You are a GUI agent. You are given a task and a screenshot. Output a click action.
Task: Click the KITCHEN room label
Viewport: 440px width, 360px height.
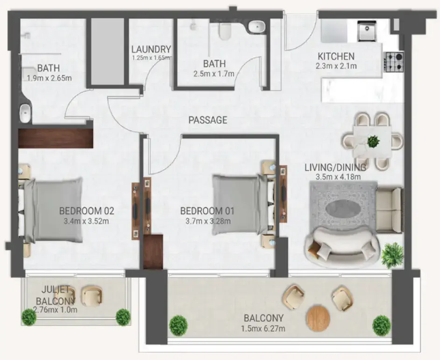click(336, 56)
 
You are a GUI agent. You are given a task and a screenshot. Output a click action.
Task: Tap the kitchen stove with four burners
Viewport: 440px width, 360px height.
click(393, 62)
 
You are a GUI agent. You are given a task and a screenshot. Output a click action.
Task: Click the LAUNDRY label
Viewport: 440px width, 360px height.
click(151, 50)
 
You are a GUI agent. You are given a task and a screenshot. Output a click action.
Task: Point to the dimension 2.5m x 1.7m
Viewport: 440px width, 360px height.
click(214, 73)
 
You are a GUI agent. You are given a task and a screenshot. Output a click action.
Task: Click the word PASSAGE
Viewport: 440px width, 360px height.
click(208, 120)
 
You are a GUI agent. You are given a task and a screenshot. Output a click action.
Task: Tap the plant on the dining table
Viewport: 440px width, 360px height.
click(373, 140)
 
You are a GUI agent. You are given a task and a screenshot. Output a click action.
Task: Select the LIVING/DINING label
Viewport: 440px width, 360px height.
click(335, 167)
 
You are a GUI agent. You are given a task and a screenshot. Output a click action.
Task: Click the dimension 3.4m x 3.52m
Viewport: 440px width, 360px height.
click(86, 221)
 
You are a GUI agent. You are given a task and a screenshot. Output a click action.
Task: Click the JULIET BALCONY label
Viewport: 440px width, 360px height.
click(55, 295)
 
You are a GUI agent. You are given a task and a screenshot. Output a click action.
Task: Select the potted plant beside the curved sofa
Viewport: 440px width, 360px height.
click(392, 255)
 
